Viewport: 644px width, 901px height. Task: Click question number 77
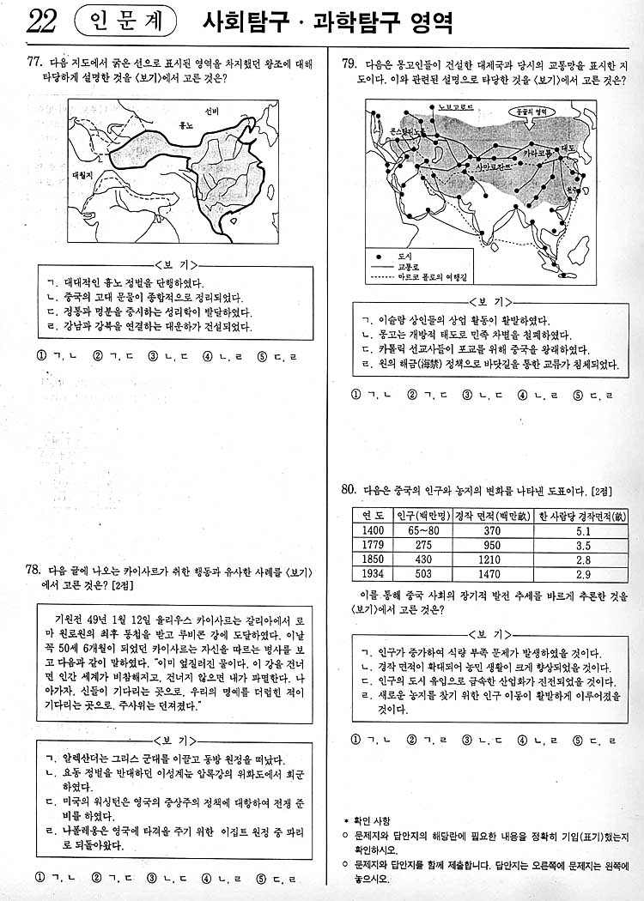pyautogui.click(x=35, y=63)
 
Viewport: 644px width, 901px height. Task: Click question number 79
pyautogui.click(x=349, y=63)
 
